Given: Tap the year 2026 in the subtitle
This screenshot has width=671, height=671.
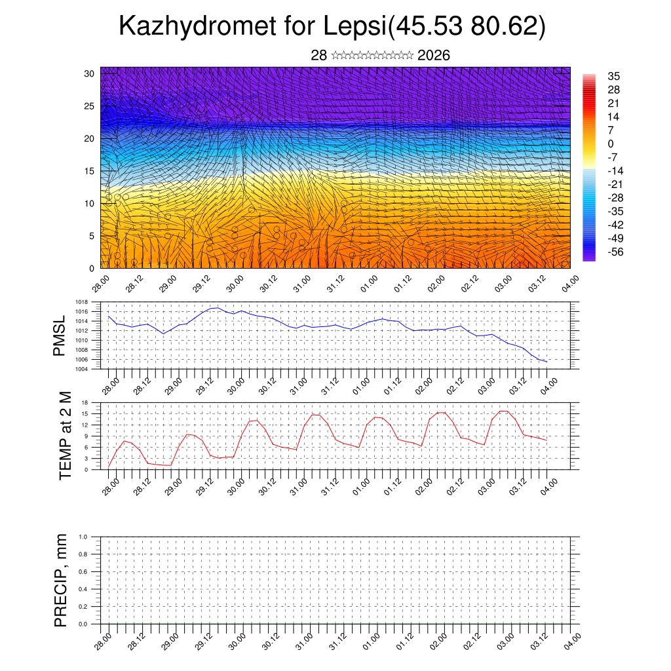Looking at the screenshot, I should click(x=434, y=56).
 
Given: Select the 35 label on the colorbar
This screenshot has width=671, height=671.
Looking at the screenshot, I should click(x=613, y=76).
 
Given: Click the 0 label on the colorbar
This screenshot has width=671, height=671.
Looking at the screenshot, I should click(x=611, y=144).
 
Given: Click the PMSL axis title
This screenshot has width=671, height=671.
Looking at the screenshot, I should click(x=60, y=336).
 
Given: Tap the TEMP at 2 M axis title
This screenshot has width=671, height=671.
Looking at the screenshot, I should click(x=64, y=435).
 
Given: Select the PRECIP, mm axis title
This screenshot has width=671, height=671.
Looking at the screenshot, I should click(x=61, y=581).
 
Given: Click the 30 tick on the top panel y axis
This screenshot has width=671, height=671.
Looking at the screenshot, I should click(x=89, y=73).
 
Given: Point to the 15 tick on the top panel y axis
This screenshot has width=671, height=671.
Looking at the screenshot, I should click(x=89, y=171).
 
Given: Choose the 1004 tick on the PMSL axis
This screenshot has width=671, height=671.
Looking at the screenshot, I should click(x=81, y=369).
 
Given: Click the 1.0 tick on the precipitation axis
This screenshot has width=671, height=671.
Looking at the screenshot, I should click(x=84, y=537).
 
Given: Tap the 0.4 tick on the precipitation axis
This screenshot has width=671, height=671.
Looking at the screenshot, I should click(x=84, y=589).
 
